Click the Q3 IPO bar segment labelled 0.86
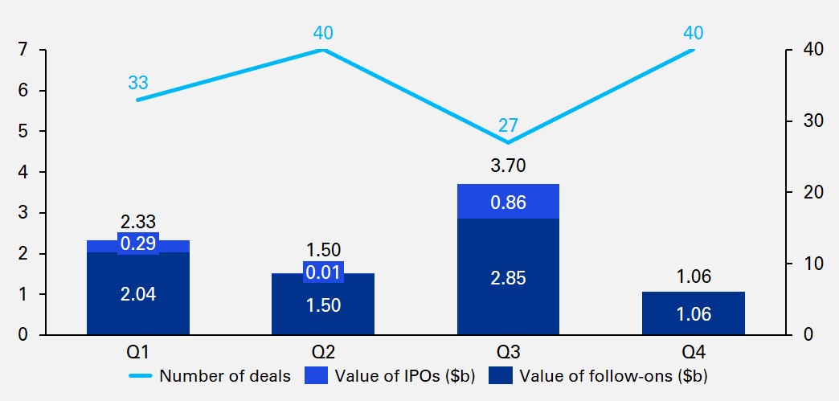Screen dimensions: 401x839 pos(508,202)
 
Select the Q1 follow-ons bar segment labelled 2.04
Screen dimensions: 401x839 pos(138,293)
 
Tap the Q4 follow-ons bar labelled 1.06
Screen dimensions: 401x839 pos(693,313)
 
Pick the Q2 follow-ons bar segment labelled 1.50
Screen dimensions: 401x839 pos(323,305)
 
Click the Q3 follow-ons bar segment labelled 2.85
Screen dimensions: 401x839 pos(508,276)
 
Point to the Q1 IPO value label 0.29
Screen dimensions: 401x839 pos(138,243)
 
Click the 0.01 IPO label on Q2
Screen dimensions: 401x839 pos(323,272)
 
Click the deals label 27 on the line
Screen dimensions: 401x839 pos(508,125)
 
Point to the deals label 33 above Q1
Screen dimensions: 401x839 pos(138,82)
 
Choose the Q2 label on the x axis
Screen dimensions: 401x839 pos(323,352)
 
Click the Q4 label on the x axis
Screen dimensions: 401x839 pos(693,352)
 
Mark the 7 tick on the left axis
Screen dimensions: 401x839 pos(22,50)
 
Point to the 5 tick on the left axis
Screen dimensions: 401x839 pos(22,131)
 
